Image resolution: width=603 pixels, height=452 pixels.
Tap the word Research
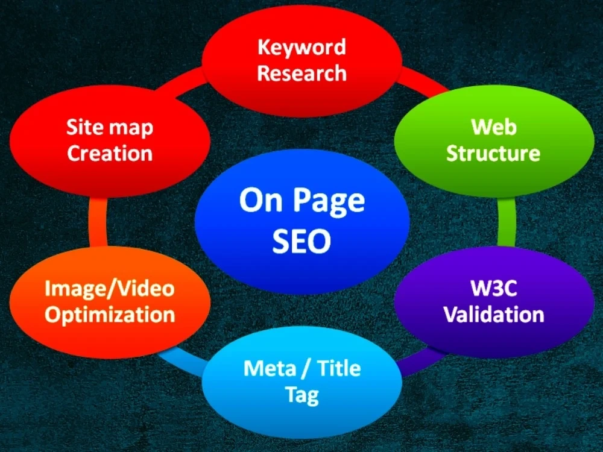(301, 73)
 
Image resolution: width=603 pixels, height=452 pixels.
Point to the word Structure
(493, 153)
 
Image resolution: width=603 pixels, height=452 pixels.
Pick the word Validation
(494, 314)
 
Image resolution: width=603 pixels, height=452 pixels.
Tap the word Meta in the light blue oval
(270, 368)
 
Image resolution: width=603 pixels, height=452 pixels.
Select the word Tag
(302, 395)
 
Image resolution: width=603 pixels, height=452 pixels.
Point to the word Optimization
(110, 315)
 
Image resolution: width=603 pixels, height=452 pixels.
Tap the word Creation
(110, 153)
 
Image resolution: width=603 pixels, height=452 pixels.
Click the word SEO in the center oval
(301, 241)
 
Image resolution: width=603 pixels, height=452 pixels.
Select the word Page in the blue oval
(330, 201)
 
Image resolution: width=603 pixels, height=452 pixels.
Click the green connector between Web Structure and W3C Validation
(507, 222)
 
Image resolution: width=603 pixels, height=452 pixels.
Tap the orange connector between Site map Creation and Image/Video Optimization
(98, 222)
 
